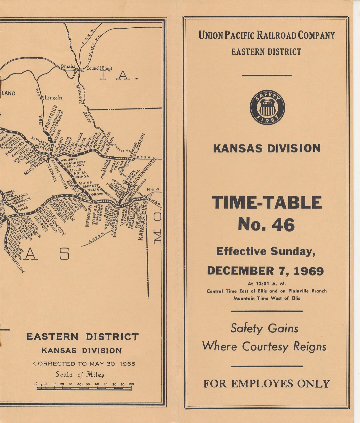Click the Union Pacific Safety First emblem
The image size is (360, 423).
coord(267,107)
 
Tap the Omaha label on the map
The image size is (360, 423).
coord(68,66)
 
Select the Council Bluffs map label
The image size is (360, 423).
coord(99,68)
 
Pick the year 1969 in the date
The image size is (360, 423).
coord(308,271)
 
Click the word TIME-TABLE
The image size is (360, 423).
coord(267,203)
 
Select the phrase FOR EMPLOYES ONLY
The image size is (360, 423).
coord(266,384)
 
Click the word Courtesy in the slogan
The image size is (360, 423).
coord(265,346)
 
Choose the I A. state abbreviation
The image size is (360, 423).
coord(119,76)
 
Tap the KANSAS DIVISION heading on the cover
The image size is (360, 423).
coord(267,148)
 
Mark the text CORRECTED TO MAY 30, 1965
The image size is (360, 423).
coord(84,364)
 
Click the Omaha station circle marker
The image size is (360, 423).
coord(77,70)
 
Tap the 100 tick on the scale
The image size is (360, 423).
coord(131,384)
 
